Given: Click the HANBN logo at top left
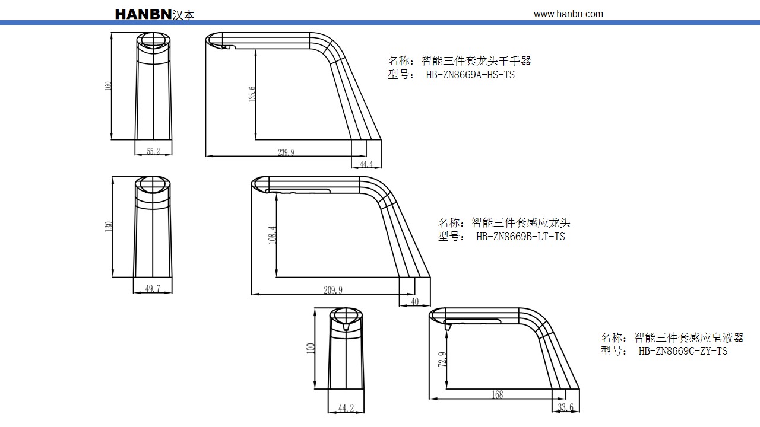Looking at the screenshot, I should pyautogui.click(x=154, y=14).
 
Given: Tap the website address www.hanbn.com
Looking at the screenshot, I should pyautogui.click(x=568, y=14).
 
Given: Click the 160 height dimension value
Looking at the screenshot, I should pyautogui.click(x=108, y=86).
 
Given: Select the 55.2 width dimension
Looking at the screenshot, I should pyautogui.click(x=153, y=151).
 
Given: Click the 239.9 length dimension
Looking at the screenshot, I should pyautogui.click(x=286, y=152).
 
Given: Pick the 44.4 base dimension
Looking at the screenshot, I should pyautogui.click(x=366, y=164).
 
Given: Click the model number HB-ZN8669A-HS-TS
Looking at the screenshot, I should pyautogui.click(x=470, y=75).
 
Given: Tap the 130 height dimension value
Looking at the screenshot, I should pyautogui.click(x=108, y=227).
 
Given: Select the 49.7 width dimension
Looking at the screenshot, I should pyautogui.click(x=153, y=289).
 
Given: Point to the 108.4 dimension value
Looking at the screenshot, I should pyautogui.click(x=272, y=235).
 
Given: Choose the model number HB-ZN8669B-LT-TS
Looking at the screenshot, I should pyautogui.click(x=520, y=237).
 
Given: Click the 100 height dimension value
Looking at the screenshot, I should pyautogui.click(x=310, y=348).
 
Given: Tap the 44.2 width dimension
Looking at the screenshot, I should pyautogui.click(x=346, y=408).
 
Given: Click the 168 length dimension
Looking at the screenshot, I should pyautogui.click(x=498, y=394).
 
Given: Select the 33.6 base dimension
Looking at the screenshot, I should pyautogui.click(x=566, y=407).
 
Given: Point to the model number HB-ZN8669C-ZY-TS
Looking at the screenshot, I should pyautogui.click(x=683, y=351).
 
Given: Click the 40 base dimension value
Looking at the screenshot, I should pyautogui.click(x=414, y=302).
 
